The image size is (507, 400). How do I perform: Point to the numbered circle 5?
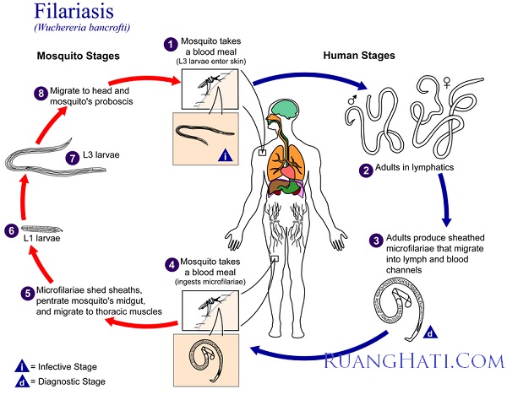pyautogui.click(x=28, y=293)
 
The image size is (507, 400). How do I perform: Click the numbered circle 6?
pyautogui.click(x=10, y=230)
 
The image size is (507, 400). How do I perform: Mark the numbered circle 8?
pyautogui.click(x=40, y=94)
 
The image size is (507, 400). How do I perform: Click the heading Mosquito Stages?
pyautogui.click(x=74, y=57)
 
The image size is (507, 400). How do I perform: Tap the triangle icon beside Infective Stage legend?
pyautogui.click(x=19, y=365)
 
